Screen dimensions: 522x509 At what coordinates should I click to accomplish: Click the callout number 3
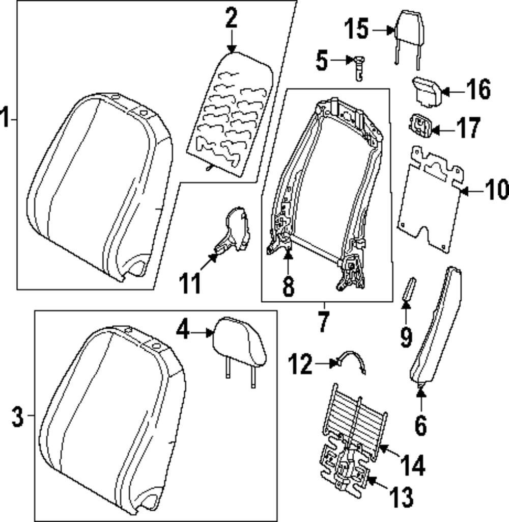pyautogui.click(x=18, y=418)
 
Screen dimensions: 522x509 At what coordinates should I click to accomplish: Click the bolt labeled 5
pyautogui.click(x=358, y=67)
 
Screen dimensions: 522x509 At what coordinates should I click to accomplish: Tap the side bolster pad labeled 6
pyautogui.click(x=437, y=326)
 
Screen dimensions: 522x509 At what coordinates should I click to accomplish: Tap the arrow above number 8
pyautogui.click(x=288, y=260)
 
